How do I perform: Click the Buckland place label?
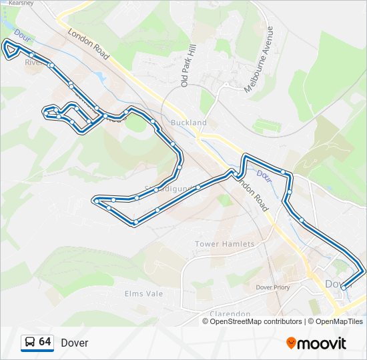(189, 123)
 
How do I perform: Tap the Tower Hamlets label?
(225, 244)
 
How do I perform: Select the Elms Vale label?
(143, 293)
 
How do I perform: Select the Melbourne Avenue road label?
(259, 59)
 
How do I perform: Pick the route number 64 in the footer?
(45, 342)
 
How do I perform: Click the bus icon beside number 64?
(29, 343)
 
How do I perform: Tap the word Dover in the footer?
(74, 343)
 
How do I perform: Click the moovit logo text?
(322, 343)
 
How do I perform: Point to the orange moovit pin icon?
(291, 343)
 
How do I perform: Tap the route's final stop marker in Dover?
(344, 287)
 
